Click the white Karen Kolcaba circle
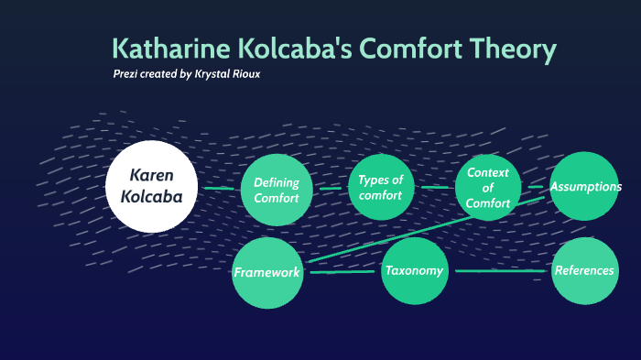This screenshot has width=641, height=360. [151, 186]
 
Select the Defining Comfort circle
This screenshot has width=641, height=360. [277, 191]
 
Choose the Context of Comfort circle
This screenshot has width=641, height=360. [488, 187]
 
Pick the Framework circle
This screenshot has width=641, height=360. [267, 273]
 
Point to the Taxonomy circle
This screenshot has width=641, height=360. [414, 271]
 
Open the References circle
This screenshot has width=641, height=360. [584, 271]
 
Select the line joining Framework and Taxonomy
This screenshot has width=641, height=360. [342, 272]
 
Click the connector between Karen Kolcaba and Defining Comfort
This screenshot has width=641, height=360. [219, 189]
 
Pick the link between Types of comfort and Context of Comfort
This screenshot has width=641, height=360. [435, 187]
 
